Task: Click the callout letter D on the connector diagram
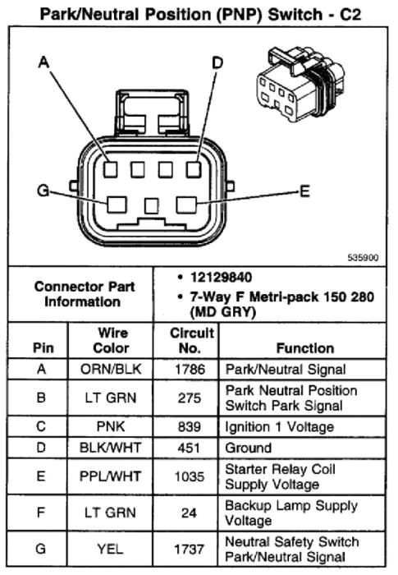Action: pos(217,63)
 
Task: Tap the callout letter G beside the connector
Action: pos(43,191)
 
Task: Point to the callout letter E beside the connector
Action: pos(304,191)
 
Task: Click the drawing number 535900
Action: pos(363,256)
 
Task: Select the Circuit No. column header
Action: pos(191,341)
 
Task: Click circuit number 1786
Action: pos(191,370)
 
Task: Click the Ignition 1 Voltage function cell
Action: pos(279,426)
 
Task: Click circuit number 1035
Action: pos(191,476)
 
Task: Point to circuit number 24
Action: pos(191,513)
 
